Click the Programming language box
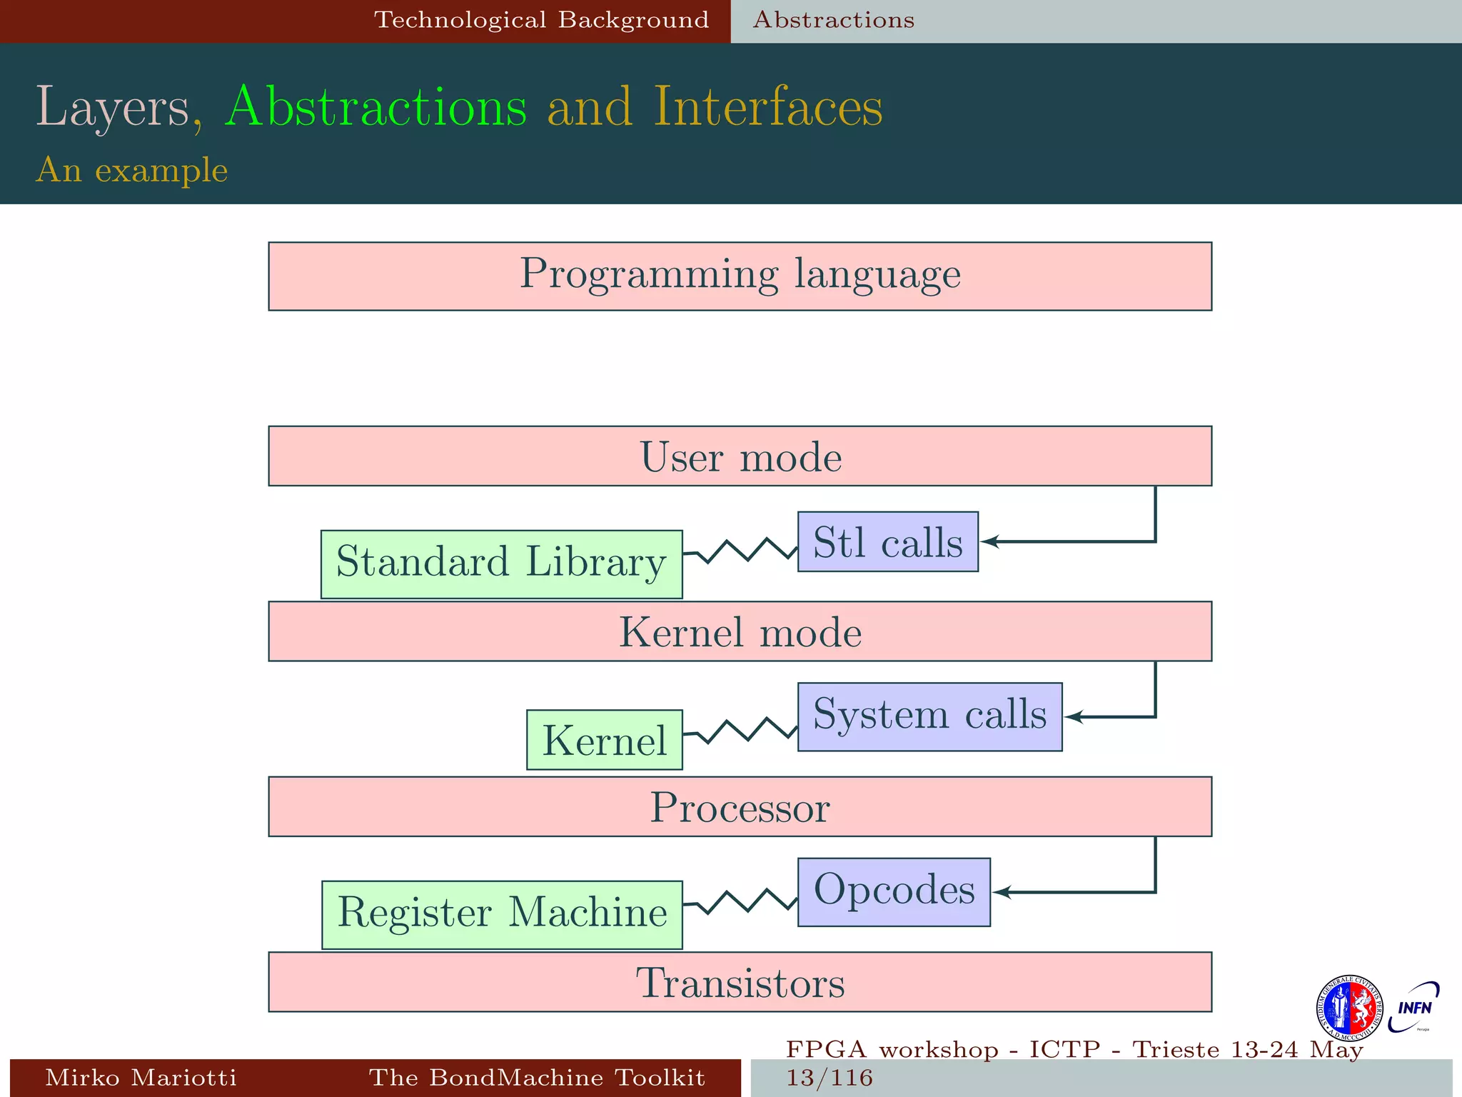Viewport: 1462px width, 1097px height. point(740,276)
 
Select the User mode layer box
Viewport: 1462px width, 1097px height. point(740,456)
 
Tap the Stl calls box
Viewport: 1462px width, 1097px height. point(887,542)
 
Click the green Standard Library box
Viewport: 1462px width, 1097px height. point(501,564)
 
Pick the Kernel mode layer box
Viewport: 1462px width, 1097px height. point(740,631)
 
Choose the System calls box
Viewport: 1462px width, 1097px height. point(929,716)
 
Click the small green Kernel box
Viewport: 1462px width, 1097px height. point(604,739)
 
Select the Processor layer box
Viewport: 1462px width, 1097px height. point(740,806)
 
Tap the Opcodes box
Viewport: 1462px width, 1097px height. point(894,892)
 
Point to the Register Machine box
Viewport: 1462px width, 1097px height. point(502,915)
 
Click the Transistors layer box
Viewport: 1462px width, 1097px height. point(740,982)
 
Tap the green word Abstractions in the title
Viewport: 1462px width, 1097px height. point(376,107)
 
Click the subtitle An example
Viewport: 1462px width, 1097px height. point(132,170)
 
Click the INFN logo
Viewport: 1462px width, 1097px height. point(1413,1008)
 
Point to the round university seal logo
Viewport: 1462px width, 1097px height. point(1348,1008)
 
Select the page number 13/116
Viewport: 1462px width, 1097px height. point(830,1078)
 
